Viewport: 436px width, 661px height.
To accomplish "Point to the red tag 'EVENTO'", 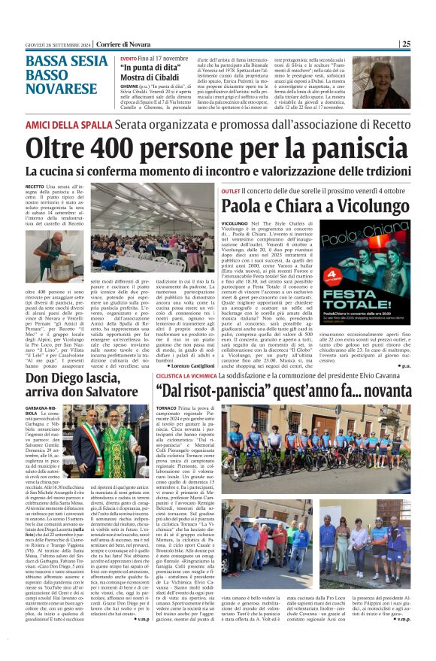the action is click(129, 58).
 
